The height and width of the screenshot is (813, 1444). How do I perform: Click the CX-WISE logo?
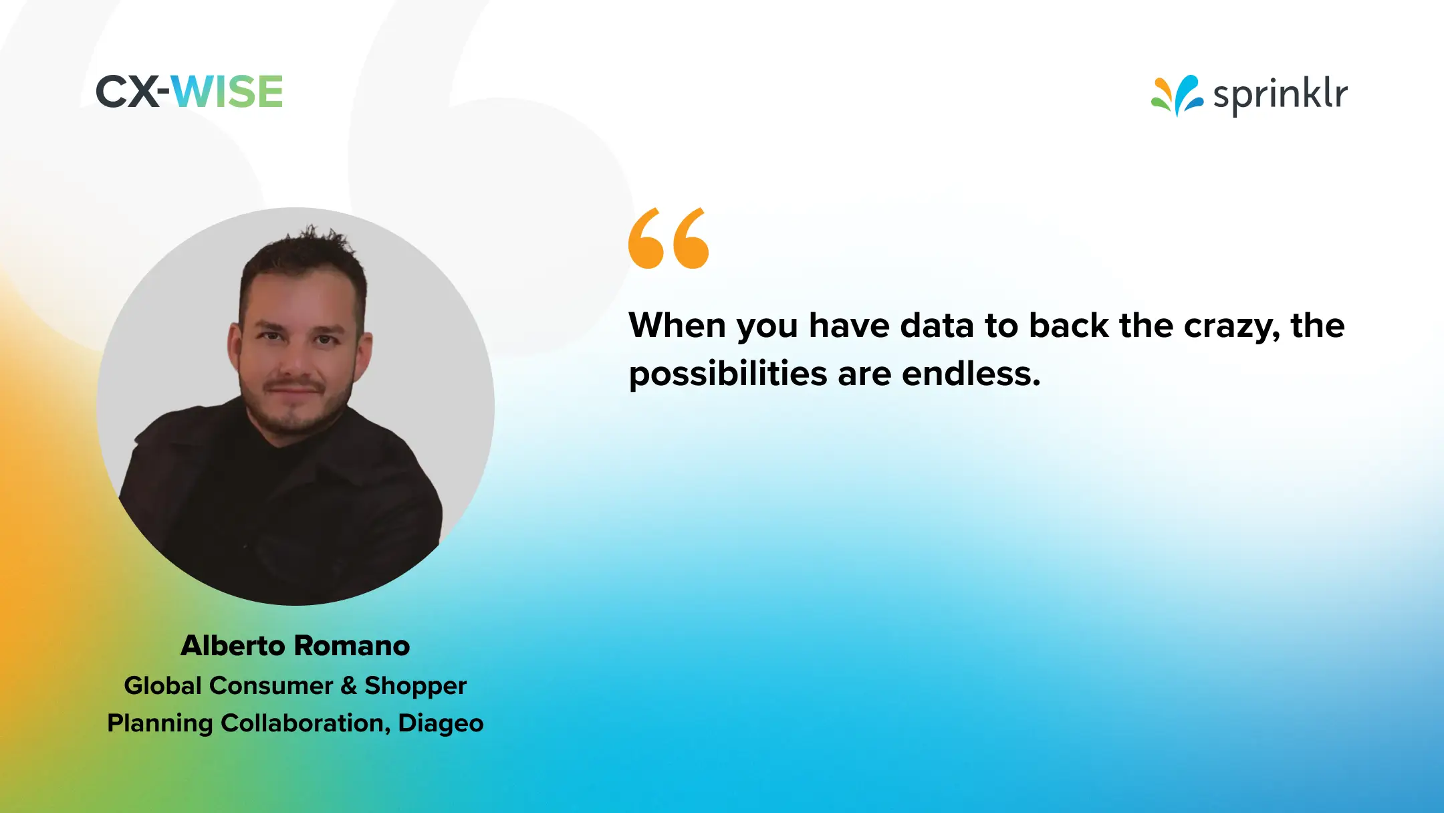(x=190, y=92)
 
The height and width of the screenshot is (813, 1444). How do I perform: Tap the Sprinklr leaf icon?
(x=1177, y=96)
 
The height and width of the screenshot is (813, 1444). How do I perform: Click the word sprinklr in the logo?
(x=1280, y=94)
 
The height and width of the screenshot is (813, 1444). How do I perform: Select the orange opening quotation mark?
(x=668, y=239)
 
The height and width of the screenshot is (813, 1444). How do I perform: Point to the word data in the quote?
(x=937, y=326)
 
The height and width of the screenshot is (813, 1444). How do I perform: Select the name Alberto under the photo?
(x=233, y=646)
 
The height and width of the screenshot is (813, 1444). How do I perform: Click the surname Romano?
(x=352, y=646)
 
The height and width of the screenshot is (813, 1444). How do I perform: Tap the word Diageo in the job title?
(x=441, y=723)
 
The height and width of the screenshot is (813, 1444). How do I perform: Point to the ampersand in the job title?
(x=348, y=686)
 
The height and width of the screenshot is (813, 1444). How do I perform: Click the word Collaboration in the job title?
(x=306, y=723)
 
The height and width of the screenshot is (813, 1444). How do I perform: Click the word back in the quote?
(x=1068, y=326)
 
